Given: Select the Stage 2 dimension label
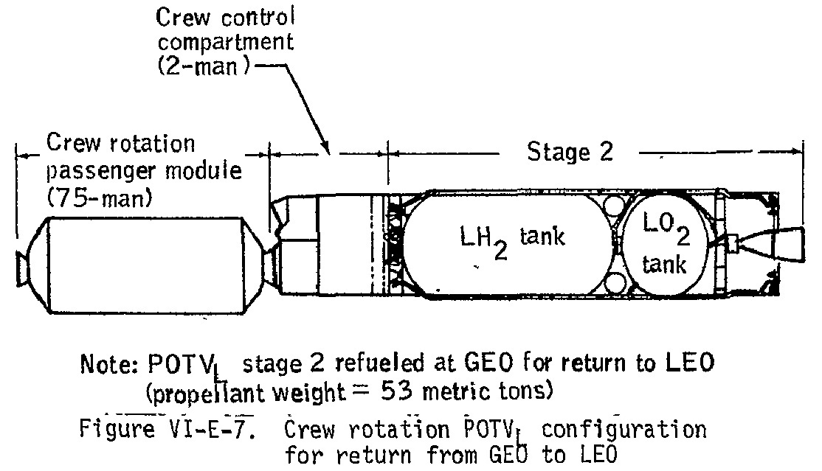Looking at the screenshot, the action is point(570,152).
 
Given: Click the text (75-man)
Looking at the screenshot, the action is point(100,198).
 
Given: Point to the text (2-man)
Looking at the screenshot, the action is point(204,66).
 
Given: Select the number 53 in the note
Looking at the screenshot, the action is point(396,391).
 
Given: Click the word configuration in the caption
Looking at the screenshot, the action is point(624,430).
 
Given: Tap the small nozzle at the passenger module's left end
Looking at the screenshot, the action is point(23,268).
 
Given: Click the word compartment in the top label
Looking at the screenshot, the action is point(225,43).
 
